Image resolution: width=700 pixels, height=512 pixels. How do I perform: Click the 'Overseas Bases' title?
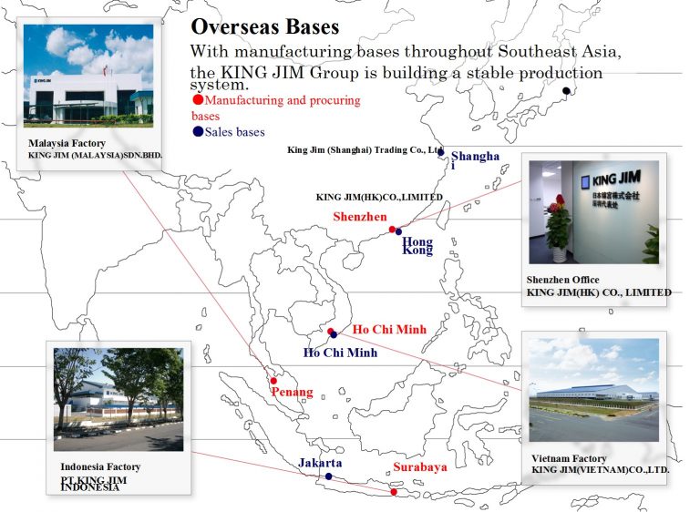point(265,26)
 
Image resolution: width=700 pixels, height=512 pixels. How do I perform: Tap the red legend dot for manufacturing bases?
point(198,99)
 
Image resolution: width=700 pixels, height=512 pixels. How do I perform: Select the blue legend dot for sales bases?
point(198,131)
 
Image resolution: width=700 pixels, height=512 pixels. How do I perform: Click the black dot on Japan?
point(566,90)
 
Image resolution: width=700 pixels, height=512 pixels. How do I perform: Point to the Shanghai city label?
point(475,159)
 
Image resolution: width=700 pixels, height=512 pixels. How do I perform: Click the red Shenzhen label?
point(360,217)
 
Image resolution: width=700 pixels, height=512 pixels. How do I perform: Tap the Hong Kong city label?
point(417,245)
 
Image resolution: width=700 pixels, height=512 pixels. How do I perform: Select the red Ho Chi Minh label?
point(390,330)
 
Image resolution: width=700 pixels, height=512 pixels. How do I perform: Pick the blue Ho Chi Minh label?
point(340,353)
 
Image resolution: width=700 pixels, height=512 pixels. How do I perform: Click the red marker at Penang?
point(273,381)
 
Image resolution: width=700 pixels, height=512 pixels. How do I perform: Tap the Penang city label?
point(292,393)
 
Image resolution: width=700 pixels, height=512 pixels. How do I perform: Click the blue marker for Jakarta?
point(328,476)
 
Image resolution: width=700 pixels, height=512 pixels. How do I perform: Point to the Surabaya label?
point(420,467)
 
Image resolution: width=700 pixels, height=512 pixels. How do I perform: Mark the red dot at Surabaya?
point(394,492)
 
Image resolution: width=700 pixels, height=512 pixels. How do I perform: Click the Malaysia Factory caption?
point(67,143)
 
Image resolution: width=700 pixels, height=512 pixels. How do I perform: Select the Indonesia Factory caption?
point(100,467)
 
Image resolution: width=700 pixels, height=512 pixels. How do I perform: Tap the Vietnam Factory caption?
point(569,458)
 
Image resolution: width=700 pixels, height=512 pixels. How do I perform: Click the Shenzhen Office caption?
point(563,280)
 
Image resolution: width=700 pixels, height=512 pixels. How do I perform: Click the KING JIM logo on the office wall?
point(612,179)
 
